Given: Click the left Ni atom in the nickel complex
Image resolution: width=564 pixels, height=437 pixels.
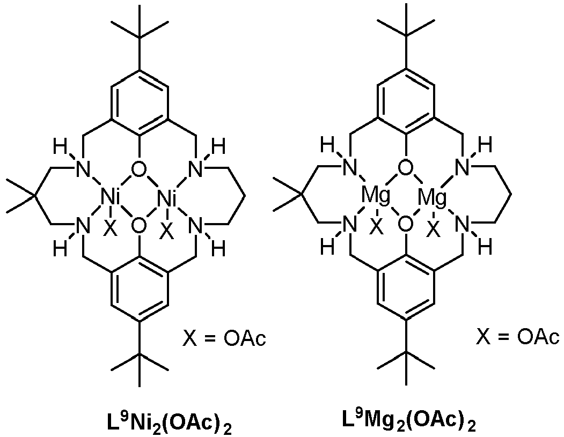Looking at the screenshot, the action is [111, 198].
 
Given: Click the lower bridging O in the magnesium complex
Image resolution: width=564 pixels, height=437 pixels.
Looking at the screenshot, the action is [405, 225].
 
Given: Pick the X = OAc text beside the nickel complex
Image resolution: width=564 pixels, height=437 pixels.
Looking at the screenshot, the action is [224, 338].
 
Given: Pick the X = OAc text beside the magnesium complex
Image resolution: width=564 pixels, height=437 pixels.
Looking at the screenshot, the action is [518, 337].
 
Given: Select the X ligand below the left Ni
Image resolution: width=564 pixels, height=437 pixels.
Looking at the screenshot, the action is [111, 228].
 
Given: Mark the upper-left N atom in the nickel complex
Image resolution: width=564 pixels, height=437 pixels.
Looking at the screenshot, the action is [82, 168].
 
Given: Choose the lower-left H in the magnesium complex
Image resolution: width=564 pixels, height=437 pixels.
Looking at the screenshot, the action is [327, 247].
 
